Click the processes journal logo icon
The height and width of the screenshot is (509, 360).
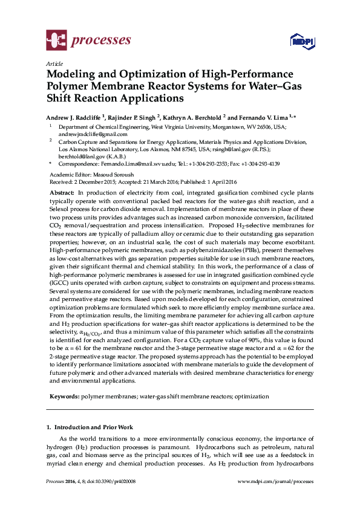(56, 41)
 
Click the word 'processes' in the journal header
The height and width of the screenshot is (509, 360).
(102, 41)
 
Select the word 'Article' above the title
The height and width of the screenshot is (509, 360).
(54, 63)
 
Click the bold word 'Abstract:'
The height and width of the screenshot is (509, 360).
(62, 192)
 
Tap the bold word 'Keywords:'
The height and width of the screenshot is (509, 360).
(64, 397)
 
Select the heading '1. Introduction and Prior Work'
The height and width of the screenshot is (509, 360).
(90, 427)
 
